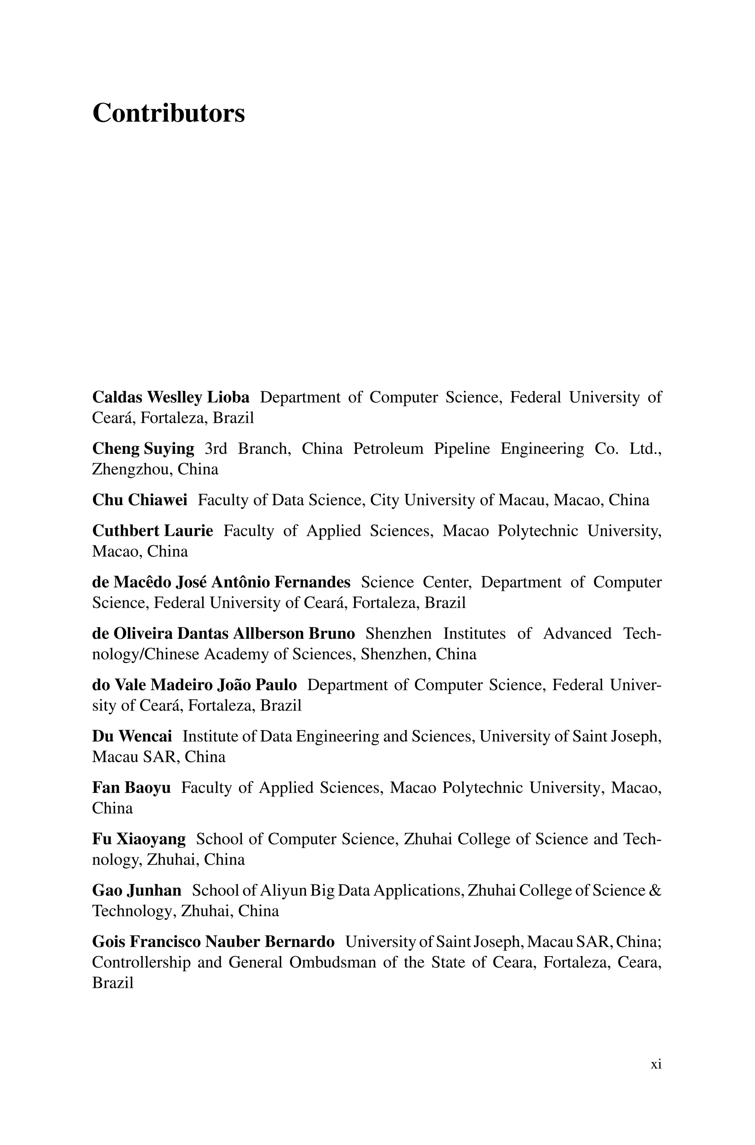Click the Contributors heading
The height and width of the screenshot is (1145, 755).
[168, 113]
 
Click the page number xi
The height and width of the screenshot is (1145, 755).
[656, 1064]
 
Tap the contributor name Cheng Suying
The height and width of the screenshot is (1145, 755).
[143, 449]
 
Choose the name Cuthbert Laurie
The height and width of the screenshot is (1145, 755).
[152, 531]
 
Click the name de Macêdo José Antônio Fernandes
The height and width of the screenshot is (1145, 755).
[221, 582]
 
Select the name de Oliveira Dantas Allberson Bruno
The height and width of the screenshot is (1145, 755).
[223, 633]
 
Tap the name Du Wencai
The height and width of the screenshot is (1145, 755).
[132, 736]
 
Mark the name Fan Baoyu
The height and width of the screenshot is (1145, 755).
[131, 787]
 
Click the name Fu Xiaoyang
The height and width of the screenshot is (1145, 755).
[139, 839]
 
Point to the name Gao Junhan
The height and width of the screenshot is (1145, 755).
[137, 890]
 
